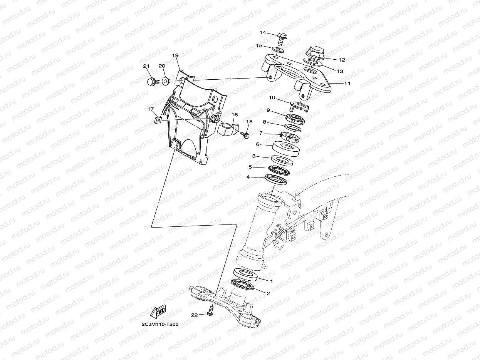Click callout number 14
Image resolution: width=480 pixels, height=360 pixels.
[x=262, y=32]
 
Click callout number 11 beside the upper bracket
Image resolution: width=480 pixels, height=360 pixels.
[x=347, y=84]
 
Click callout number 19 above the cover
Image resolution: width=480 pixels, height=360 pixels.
[x=175, y=56]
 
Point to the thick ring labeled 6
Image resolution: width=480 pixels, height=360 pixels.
[x=286, y=149]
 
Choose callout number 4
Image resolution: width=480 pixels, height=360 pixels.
[x=248, y=177]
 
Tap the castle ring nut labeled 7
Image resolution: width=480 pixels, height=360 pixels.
[x=290, y=137]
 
